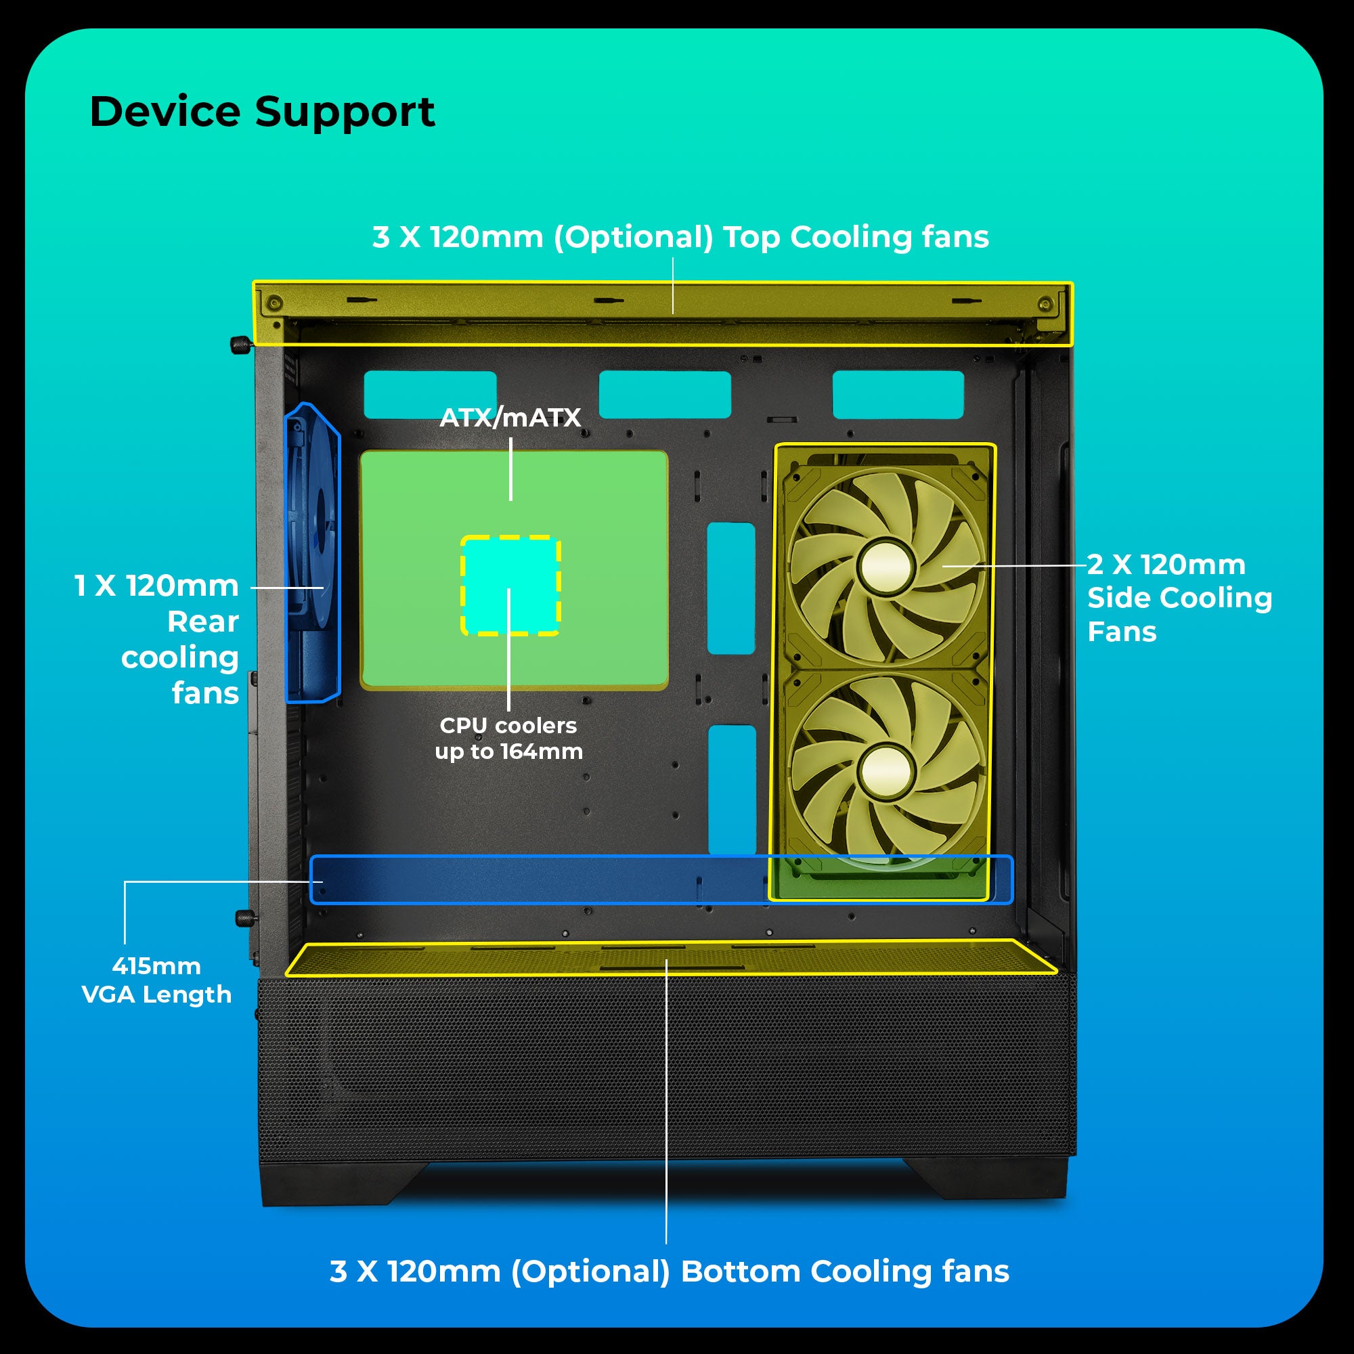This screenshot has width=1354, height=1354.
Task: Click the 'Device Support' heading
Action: coord(262,112)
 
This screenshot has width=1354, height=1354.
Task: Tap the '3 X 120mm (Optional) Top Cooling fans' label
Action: coord(680,237)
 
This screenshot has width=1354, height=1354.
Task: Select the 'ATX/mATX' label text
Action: coord(510,418)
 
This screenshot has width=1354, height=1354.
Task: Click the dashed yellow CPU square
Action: coord(510,585)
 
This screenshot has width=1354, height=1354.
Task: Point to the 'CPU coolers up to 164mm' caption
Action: coord(508,738)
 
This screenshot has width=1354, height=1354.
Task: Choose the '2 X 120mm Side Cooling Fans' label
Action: coord(1179,598)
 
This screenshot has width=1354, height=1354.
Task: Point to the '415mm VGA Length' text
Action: coord(156,980)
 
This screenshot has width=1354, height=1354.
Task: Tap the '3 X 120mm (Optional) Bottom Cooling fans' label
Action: coord(670,1271)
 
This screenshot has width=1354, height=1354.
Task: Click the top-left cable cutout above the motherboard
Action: coord(430,395)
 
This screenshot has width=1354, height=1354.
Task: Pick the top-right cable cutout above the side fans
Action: coord(898,395)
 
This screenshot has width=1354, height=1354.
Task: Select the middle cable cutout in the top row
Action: coord(664,395)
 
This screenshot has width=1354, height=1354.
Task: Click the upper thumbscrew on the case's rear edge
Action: coord(239,344)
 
